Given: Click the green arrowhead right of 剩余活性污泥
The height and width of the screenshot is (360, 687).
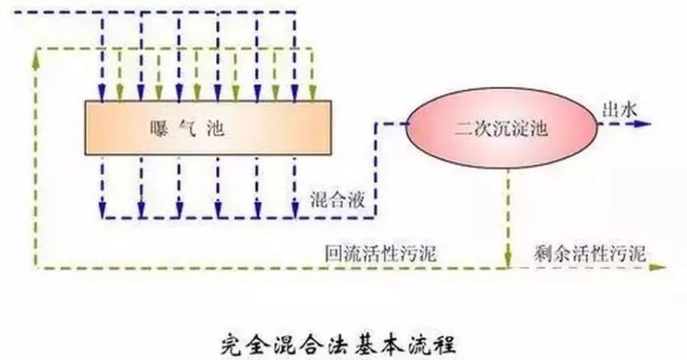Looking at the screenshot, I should pos(658,267).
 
